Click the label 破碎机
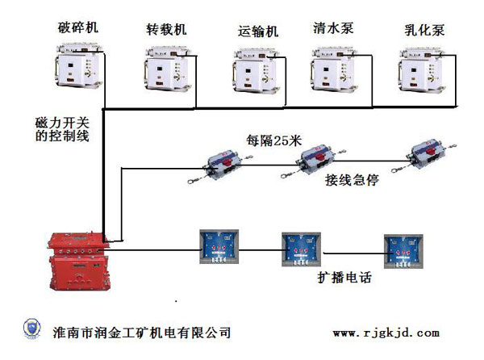click(78, 27)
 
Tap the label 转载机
click(166, 29)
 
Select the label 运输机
click(258, 32)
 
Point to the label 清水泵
click(333, 27)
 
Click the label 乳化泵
click(423, 31)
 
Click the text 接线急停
click(352, 179)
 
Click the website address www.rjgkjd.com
click(386, 333)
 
